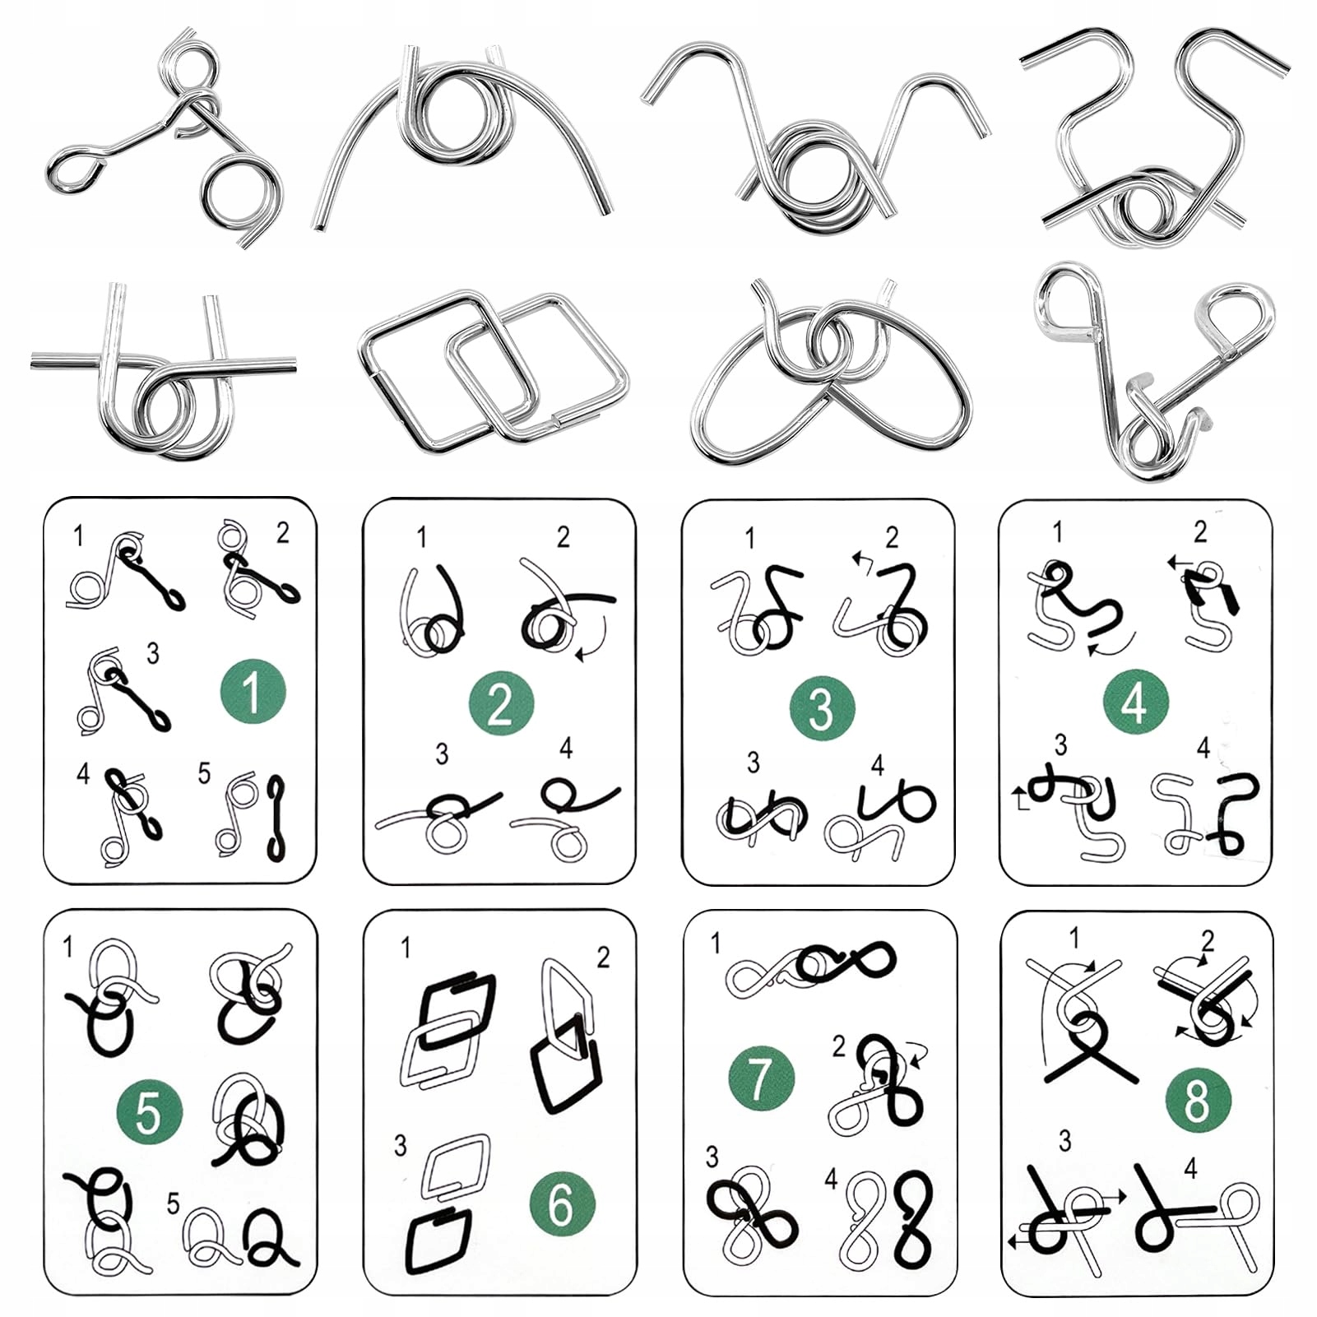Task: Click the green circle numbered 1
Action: point(253,691)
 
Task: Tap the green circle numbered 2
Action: point(501,704)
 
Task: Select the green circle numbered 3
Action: point(821,707)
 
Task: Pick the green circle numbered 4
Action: point(1135,702)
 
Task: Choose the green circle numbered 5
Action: point(150,1112)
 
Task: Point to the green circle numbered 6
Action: point(561,1204)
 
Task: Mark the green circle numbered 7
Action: point(761,1078)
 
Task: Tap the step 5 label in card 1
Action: point(204,773)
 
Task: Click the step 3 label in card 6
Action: point(400,1145)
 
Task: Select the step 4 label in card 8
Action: point(1190,1168)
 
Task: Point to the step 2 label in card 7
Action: point(838,1046)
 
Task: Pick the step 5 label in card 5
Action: point(173,1203)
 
